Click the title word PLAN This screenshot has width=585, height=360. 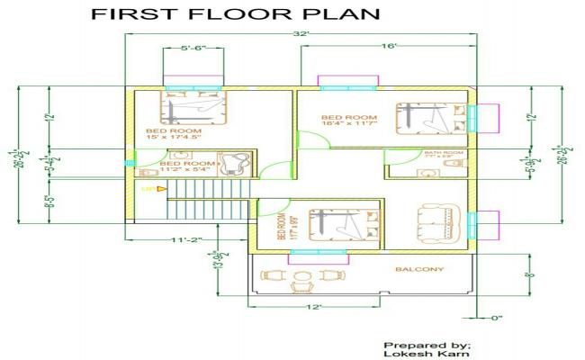point(341,15)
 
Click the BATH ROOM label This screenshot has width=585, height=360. point(444,153)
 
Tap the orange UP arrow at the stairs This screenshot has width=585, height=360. point(160,189)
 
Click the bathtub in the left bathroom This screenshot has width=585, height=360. point(238,163)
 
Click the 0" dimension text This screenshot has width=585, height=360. point(496,317)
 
